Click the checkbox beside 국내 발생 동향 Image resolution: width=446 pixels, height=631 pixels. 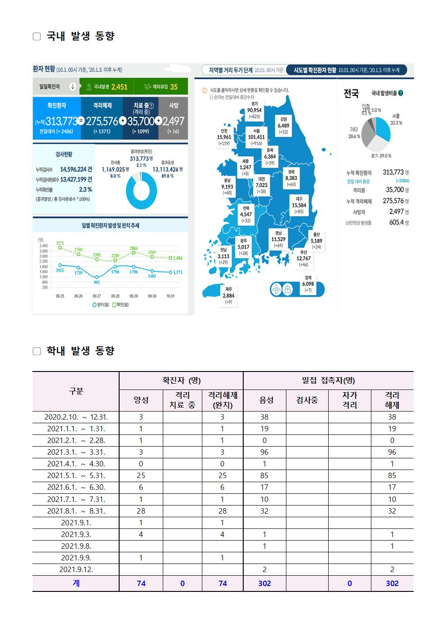click(x=37, y=36)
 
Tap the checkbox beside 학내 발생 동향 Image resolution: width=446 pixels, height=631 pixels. click(x=37, y=351)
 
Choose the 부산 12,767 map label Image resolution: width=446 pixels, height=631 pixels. click(x=303, y=259)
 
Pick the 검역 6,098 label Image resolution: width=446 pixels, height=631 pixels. click(x=308, y=284)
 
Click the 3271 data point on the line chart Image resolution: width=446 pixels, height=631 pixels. click(x=60, y=248)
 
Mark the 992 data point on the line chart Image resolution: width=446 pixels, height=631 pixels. click(x=97, y=277)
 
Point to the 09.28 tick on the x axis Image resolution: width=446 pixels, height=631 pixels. click(x=115, y=296)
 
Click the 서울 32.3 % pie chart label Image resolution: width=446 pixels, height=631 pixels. click(x=396, y=119)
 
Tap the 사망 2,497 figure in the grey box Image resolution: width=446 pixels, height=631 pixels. click(x=173, y=121)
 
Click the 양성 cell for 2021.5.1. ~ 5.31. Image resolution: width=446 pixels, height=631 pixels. click(x=141, y=475)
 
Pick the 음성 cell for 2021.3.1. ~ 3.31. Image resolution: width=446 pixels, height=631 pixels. click(x=264, y=452)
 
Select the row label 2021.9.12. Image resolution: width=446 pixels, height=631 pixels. click(x=76, y=569)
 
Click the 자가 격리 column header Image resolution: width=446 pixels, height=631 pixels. click(x=349, y=400)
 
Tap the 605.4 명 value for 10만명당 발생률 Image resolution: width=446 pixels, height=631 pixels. click(x=398, y=223)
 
